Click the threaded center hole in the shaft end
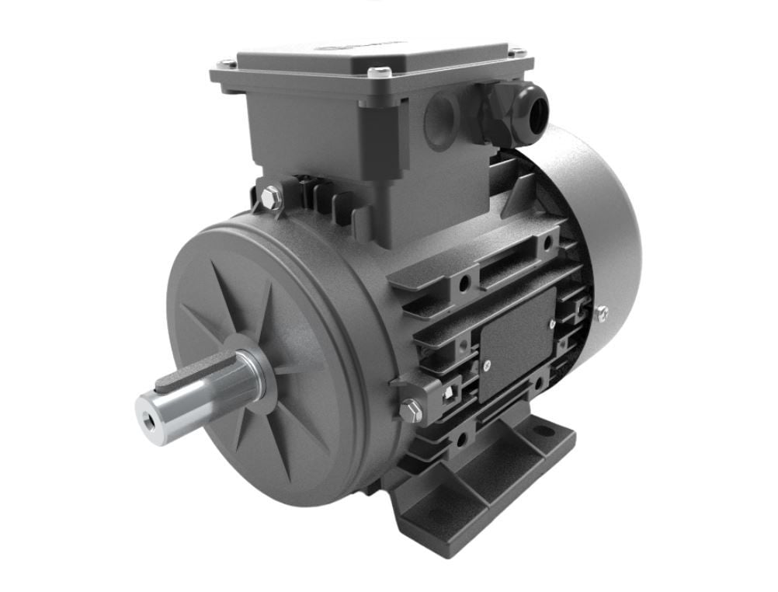pos(148,406)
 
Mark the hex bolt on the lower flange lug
pos(411,410)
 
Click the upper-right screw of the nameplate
pos(551,324)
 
